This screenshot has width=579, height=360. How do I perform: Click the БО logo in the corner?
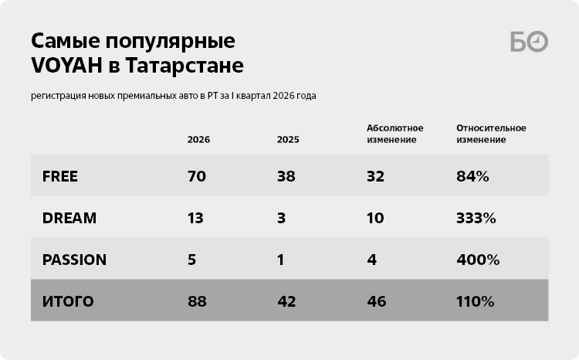click(x=529, y=42)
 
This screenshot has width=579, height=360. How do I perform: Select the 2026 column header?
click(x=198, y=140)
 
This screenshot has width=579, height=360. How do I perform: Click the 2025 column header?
click(x=288, y=140)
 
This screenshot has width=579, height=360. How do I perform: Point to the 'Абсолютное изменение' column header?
click(x=392, y=134)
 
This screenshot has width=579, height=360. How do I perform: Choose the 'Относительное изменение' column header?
click(x=491, y=134)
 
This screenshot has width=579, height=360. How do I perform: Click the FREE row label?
click(x=60, y=176)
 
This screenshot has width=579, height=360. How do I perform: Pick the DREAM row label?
click(x=69, y=218)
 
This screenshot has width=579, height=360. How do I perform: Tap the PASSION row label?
click(x=74, y=260)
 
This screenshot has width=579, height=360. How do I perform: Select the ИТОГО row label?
click(x=68, y=301)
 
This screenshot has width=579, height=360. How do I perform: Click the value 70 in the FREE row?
click(x=196, y=176)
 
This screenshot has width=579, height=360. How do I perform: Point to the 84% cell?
click(x=472, y=176)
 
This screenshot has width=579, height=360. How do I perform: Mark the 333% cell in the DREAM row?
click(x=476, y=218)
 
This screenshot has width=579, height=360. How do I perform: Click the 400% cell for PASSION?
click(x=476, y=260)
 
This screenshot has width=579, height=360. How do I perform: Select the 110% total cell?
click(x=475, y=301)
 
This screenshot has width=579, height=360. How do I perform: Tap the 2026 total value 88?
click(x=196, y=301)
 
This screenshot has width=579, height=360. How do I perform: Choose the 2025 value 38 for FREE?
click(x=286, y=176)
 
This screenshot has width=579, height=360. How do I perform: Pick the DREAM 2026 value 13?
click(x=195, y=218)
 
